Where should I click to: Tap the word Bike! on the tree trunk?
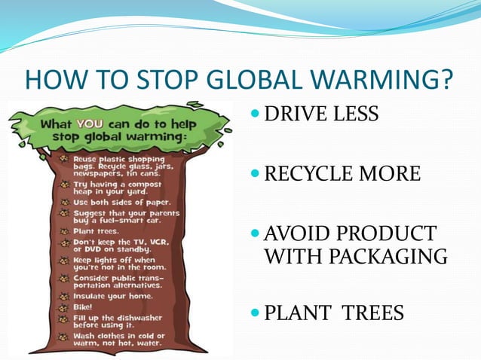81,307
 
